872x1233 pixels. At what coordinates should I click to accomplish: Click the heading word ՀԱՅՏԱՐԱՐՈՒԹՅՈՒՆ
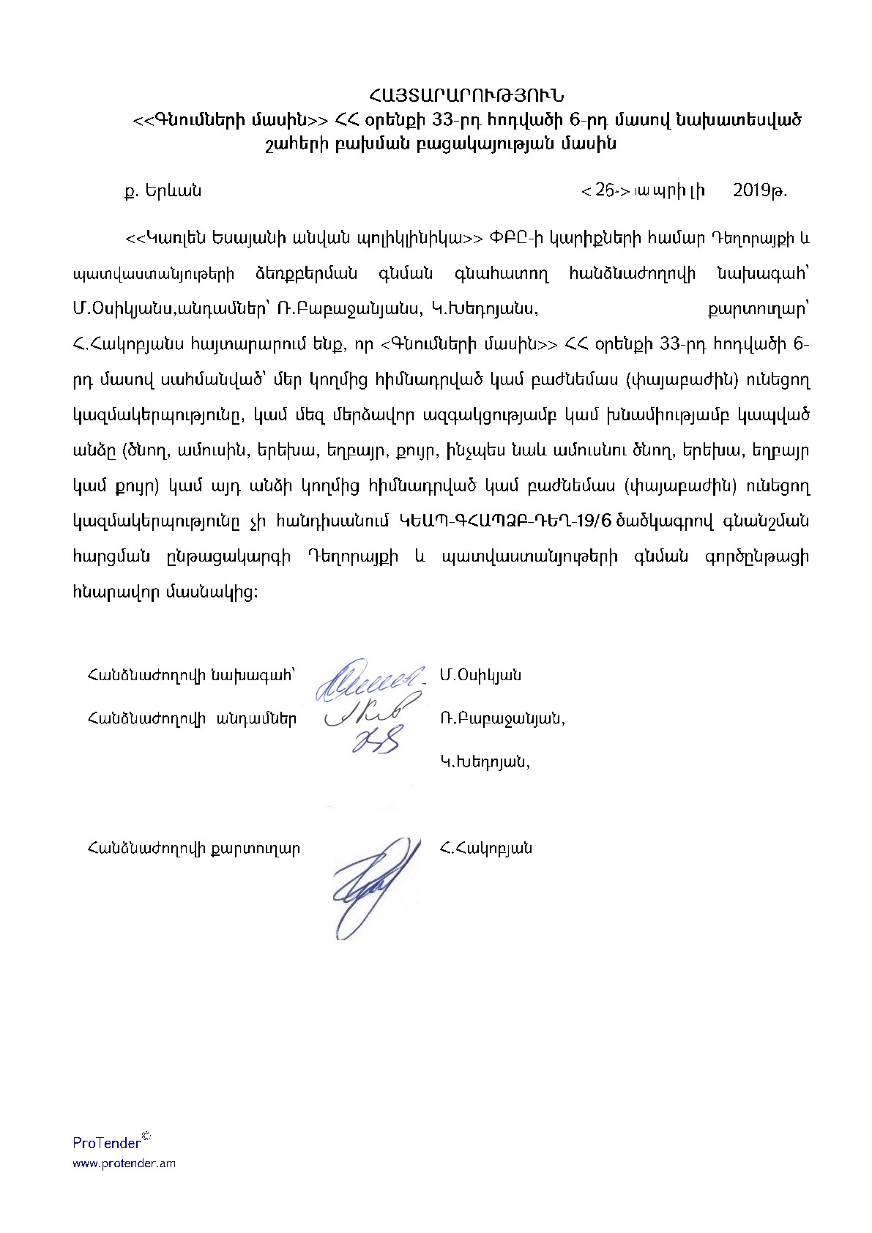tap(469, 95)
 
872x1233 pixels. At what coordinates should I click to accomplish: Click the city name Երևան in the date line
tap(173, 191)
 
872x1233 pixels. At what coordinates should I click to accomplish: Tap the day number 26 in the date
tap(604, 191)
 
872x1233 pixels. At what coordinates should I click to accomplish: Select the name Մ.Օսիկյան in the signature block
tap(480, 675)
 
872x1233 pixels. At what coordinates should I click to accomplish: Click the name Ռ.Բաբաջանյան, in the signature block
tap(502, 718)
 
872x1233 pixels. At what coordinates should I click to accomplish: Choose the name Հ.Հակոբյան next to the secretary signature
tap(486, 849)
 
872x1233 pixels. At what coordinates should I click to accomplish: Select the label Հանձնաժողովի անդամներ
tap(192, 718)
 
